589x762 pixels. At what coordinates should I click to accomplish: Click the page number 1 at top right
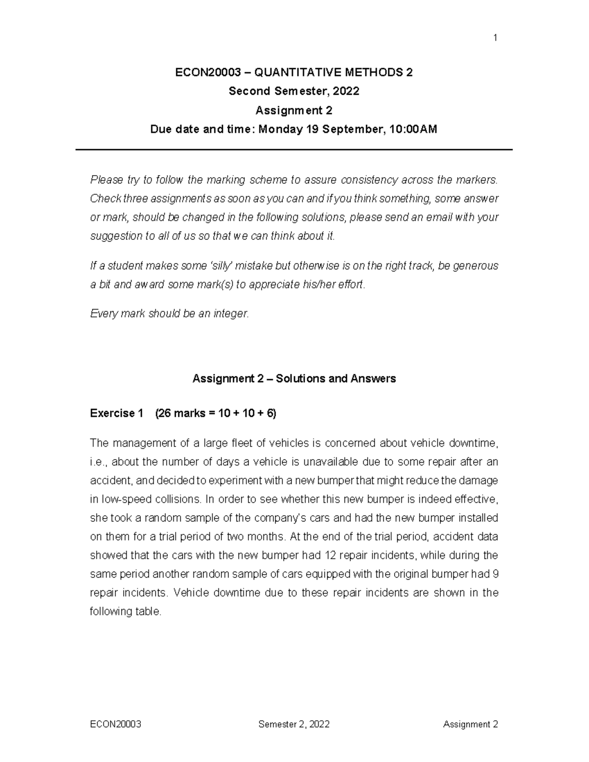495,38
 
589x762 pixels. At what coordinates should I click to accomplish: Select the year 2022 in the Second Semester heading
346,91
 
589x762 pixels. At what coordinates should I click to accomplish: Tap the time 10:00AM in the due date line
412,130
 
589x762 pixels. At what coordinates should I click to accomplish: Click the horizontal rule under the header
294,150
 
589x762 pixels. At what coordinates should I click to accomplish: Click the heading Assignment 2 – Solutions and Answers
294,379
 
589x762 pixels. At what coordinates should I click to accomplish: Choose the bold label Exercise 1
116,414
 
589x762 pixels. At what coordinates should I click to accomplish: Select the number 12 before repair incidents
329,555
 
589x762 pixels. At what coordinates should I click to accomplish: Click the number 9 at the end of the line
495,574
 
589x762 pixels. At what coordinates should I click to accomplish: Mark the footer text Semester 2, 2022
294,724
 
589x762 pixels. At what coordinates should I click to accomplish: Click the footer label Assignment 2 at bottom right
470,724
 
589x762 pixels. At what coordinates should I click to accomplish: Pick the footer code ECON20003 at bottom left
116,724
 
